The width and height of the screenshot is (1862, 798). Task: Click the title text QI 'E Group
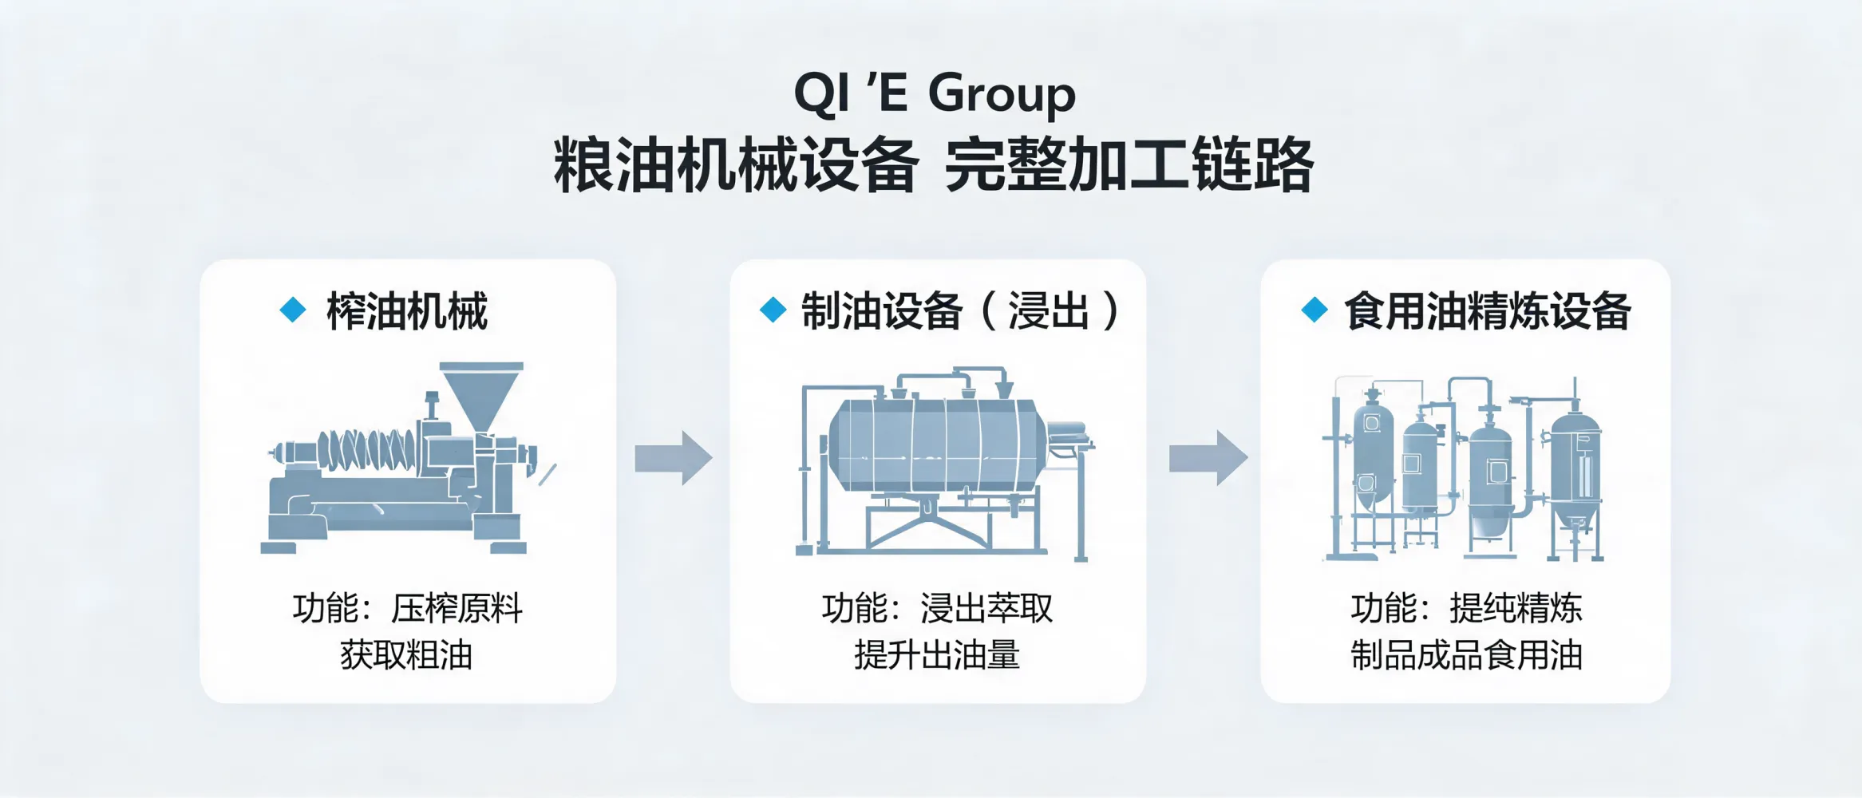(935, 95)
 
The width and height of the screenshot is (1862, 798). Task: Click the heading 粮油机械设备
(737, 165)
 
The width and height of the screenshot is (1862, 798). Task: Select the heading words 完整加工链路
(1129, 165)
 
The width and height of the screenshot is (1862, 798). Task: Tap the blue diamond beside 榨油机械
(293, 310)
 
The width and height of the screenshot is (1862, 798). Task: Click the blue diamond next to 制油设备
(773, 310)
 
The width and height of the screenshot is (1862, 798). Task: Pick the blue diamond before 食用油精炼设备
(1314, 310)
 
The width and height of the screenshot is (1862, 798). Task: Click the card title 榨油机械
(407, 311)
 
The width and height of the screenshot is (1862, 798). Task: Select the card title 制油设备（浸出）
(962, 311)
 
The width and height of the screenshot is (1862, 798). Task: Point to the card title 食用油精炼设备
(1488, 311)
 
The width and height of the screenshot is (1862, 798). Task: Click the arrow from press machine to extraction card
(673, 458)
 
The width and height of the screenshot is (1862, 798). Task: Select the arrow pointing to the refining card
(1208, 458)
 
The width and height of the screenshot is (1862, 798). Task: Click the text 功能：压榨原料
(407, 609)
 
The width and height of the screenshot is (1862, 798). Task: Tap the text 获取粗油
(407, 655)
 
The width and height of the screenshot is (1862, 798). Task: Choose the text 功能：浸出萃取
(937, 609)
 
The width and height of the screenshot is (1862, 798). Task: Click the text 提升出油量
(937, 655)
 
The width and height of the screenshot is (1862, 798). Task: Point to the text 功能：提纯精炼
(1466, 609)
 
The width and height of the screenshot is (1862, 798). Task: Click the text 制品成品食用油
(1466, 655)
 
